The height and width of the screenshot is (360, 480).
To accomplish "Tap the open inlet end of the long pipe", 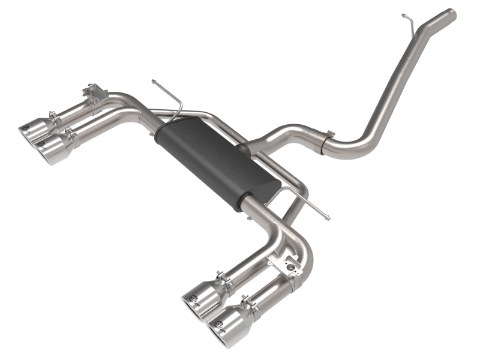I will (x=451, y=13).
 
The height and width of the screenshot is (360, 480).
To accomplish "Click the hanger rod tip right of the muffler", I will (x=325, y=215).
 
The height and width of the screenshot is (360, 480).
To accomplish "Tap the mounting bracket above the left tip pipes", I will (x=93, y=96).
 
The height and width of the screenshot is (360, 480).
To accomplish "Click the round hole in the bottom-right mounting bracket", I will (x=292, y=265).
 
